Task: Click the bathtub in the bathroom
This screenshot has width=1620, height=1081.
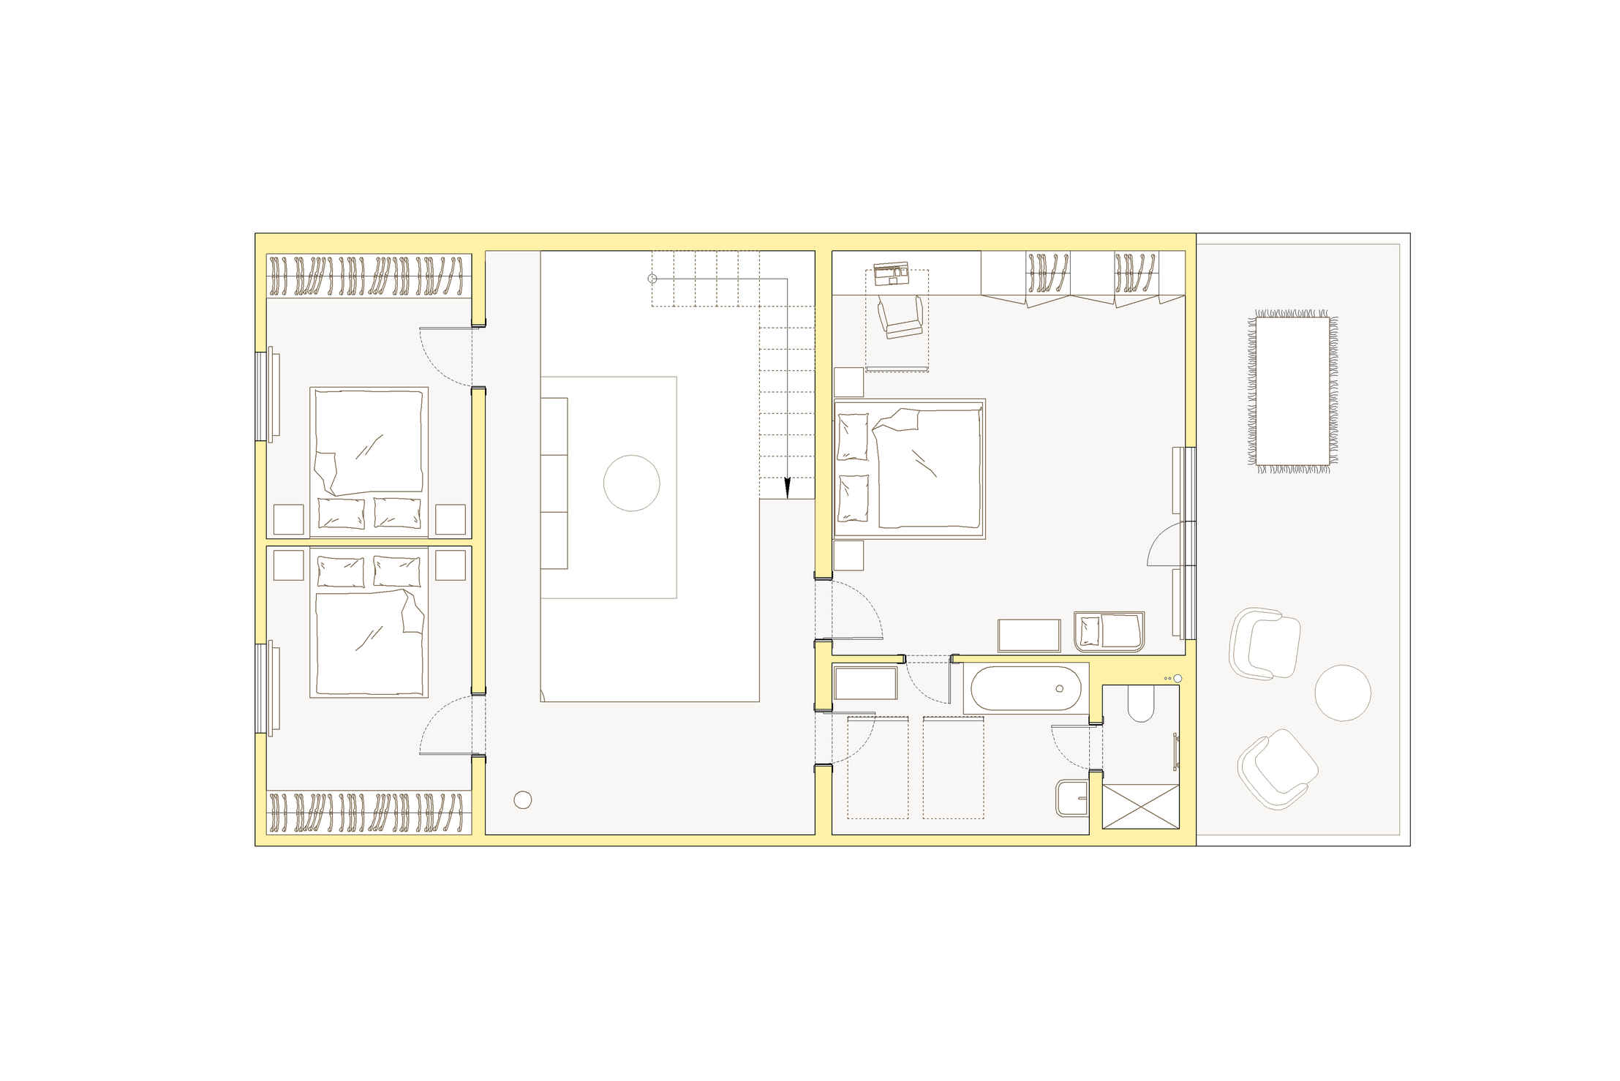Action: pyautogui.click(x=1025, y=688)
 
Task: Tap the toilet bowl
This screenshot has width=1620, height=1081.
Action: pyautogui.click(x=1140, y=703)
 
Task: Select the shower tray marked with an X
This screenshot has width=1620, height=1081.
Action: pyautogui.click(x=1140, y=806)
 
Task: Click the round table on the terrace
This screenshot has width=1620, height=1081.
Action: pyautogui.click(x=1342, y=693)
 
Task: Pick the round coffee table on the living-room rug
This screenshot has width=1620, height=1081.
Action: pyautogui.click(x=631, y=483)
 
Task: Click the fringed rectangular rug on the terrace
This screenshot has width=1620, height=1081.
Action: pyautogui.click(x=1292, y=391)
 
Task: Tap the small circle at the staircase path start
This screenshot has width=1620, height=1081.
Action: pyautogui.click(x=652, y=279)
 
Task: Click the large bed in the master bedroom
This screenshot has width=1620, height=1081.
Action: pyautogui.click(x=910, y=469)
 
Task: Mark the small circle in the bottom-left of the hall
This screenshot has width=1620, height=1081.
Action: pyautogui.click(x=522, y=800)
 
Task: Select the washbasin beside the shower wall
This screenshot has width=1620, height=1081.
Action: pyautogui.click(x=1071, y=797)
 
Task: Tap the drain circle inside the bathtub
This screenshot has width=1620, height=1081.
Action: pyautogui.click(x=1059, y=688)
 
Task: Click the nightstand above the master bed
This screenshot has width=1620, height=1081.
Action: pyautogui.click(x=848, y=382)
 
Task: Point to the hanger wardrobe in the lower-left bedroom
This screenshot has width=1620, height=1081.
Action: pyautogui.click(x=368, y=813)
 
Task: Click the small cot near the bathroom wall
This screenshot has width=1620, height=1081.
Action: pyautogui.click(x=1109, y=631)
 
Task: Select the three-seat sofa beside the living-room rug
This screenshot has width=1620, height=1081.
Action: pyautogui.click(x=554, y=483)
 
